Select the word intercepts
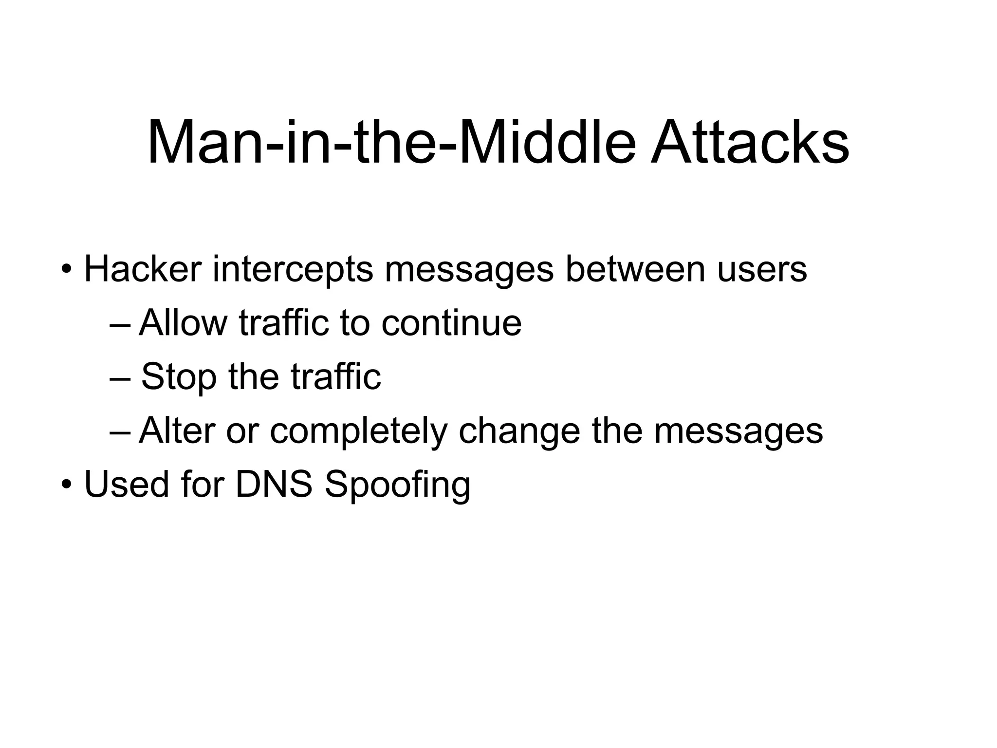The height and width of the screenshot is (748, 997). click(293, 269)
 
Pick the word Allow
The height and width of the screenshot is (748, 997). click(183, 322)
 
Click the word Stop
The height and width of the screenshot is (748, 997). click(178, 377)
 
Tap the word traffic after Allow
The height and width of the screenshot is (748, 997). click(284, 322)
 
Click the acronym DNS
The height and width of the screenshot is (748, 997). click(274, 485)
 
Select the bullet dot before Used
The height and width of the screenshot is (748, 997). click(66, 486)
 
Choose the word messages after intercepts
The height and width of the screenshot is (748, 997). click(469, 269)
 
